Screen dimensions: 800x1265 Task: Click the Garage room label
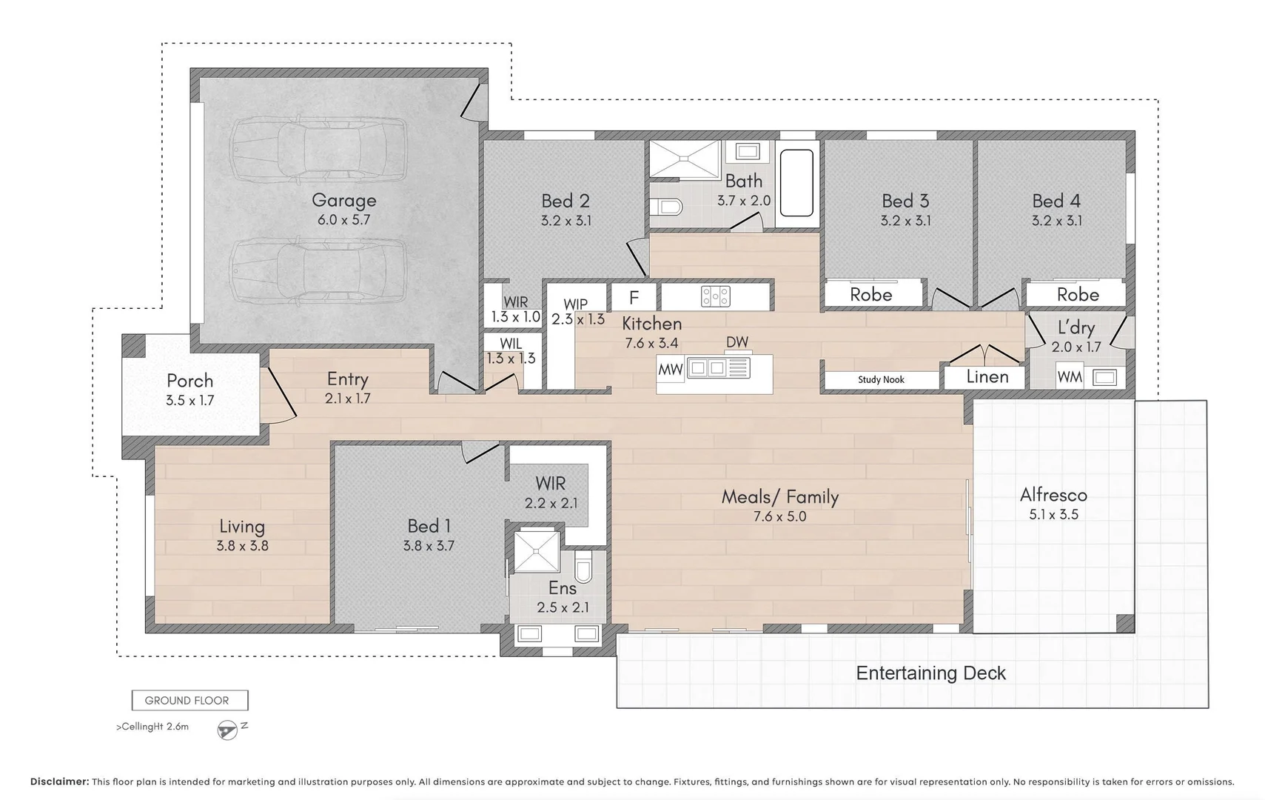point(343,200)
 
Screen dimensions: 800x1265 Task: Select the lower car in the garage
point(318,271)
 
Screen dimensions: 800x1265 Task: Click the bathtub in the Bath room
point(796,182)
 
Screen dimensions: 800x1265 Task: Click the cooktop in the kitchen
point(716,296)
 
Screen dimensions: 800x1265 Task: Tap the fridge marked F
point(634,297)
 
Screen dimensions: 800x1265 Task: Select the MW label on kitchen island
point(670,370)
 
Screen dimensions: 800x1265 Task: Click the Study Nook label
point(881,379)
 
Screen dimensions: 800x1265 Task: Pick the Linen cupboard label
point(987,376)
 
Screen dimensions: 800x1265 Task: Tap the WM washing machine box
point(1069,377)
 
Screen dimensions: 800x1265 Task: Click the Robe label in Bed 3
point(870,294)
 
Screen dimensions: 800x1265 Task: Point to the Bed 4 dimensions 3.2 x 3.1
point(1056,221)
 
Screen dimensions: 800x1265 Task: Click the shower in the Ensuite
point(537,552)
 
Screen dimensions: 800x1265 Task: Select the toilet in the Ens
point(584,568)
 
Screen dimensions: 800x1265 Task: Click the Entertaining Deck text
point(930,673)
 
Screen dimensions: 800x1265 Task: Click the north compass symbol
point(229,730)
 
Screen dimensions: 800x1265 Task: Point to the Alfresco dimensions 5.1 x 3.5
point(1053,514)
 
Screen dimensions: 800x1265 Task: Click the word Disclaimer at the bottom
point(59,781)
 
